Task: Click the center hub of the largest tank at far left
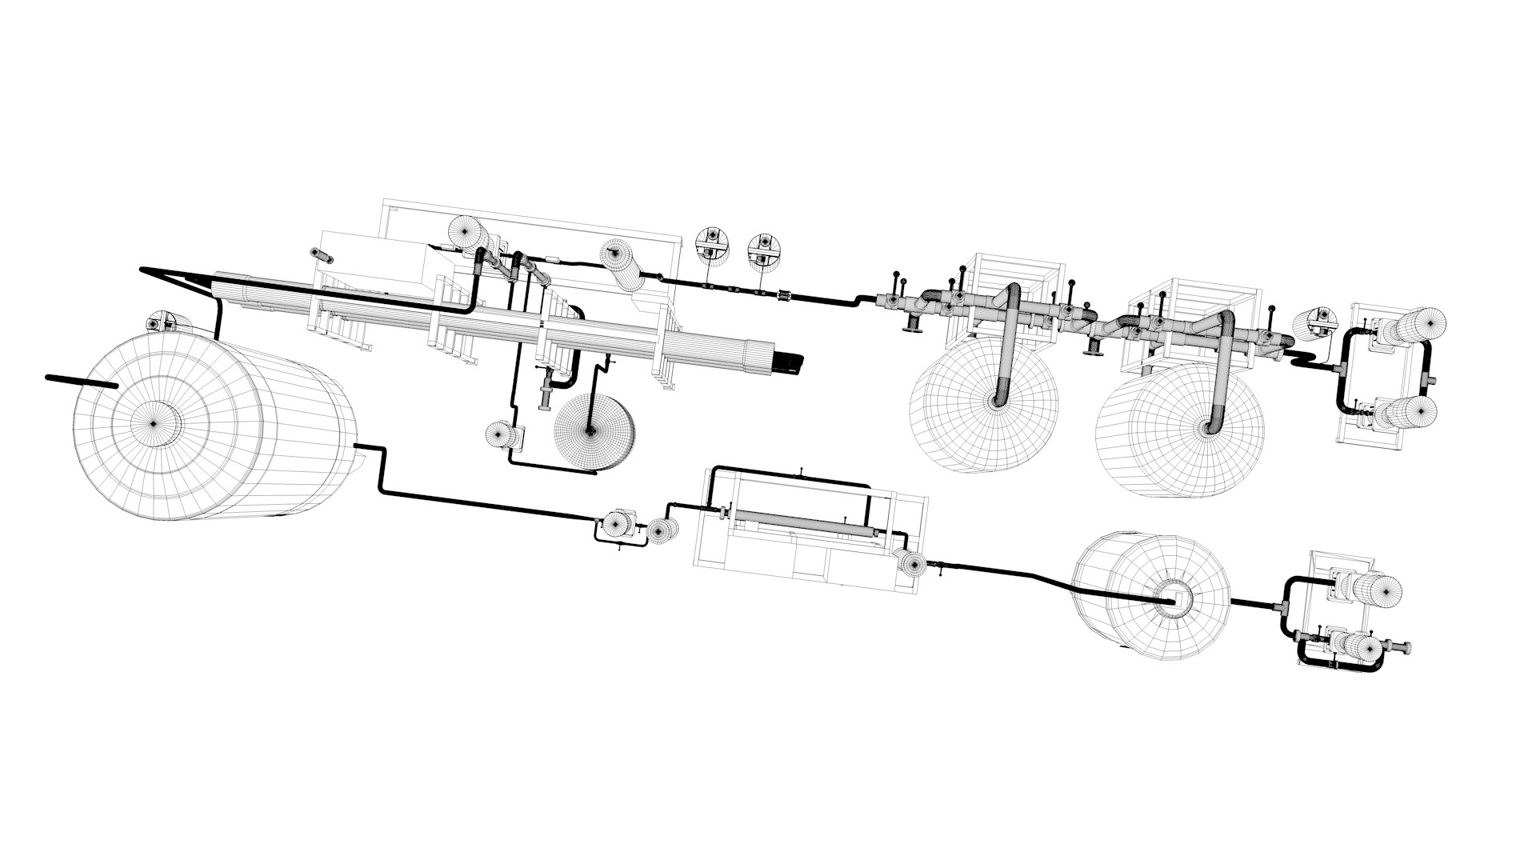tap(154, 418)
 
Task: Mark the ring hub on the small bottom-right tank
tap(1174, 599)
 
